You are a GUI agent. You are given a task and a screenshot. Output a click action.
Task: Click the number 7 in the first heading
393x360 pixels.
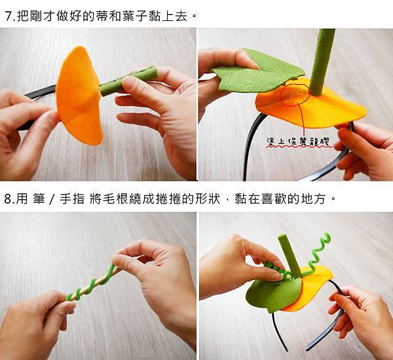[x=9, y=16]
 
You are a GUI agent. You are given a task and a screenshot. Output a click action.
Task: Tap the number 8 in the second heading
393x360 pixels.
[x=8, y=200]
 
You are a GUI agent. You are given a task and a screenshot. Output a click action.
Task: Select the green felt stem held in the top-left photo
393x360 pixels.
[x=129, y=81]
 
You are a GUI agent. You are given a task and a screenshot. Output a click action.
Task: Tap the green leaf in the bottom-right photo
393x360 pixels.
[x=273, y=293]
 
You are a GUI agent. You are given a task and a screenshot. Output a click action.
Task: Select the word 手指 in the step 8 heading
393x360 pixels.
[x=71, y=200]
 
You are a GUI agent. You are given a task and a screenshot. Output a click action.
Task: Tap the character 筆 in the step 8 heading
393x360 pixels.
[x=39, y=200]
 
